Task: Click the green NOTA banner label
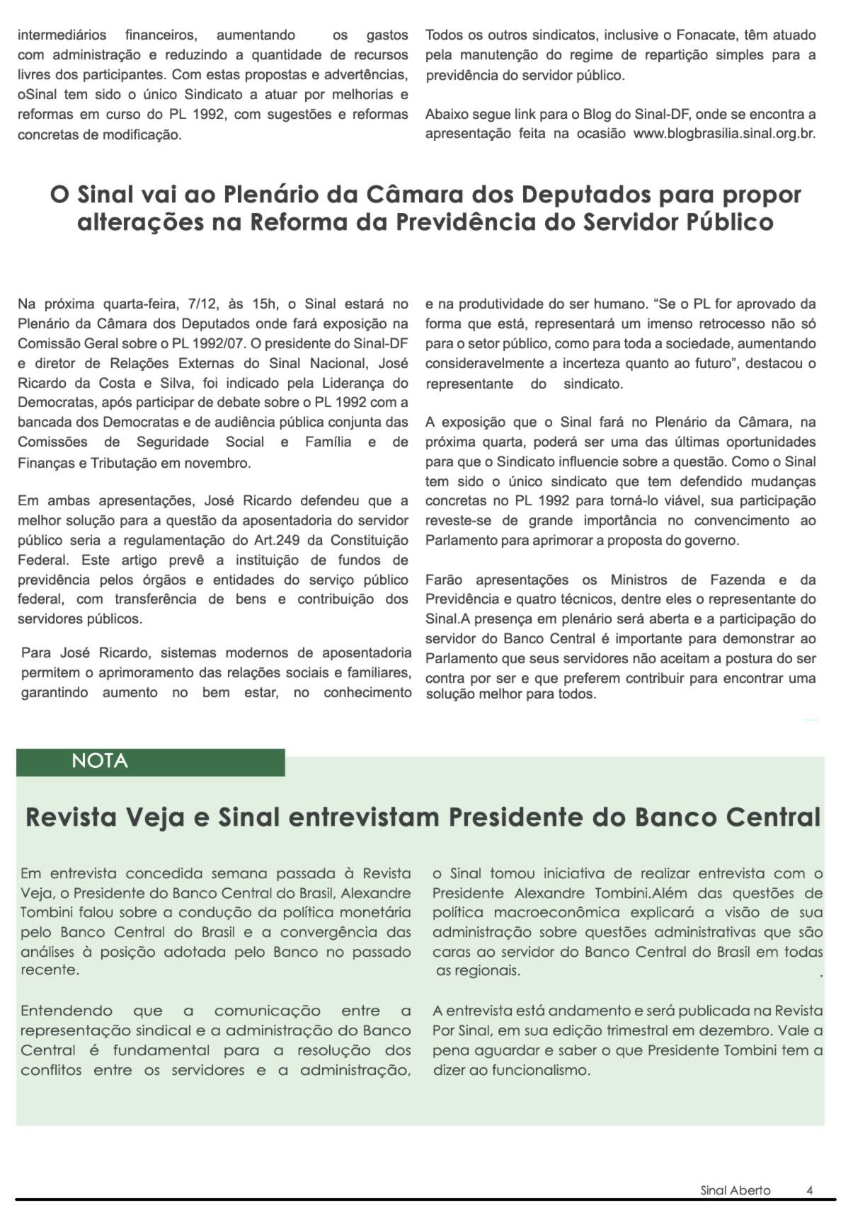click(x=100, y=761)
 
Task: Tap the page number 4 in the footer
click(x=809, y=1190)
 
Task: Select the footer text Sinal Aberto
click(x=735, y=1190)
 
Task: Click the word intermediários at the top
click(x=62, y=35)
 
